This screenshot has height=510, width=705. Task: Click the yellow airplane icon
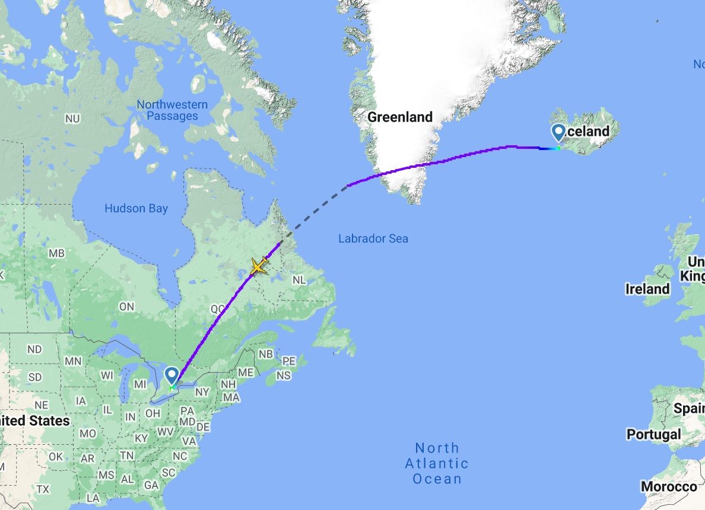click(259, 266)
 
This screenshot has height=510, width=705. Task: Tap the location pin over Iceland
click(558, 132)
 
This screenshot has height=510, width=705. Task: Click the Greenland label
click(400, 117)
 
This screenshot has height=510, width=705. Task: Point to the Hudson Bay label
click(136, 208)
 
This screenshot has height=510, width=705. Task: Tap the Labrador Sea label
click(373, 238)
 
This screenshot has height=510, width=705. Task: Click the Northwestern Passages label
click(172, 110)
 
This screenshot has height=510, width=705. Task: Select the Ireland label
click(647, 289)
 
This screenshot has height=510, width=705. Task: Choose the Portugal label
click(654, 434)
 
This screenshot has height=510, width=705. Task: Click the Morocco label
click(669, 487)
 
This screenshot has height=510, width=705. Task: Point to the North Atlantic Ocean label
click(437, 463)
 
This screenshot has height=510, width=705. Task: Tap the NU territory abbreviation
click(72, 119)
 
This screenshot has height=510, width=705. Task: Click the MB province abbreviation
click(56, 253)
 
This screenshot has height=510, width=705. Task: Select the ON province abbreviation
click(126, 307)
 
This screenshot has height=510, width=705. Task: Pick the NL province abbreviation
click(299, 280)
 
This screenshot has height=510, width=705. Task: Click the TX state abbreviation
click(43, 489)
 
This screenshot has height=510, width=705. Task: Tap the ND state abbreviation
click(34, 349)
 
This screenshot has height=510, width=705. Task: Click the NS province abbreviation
click(284, 375)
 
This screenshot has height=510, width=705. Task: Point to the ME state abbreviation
click(245, 372)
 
